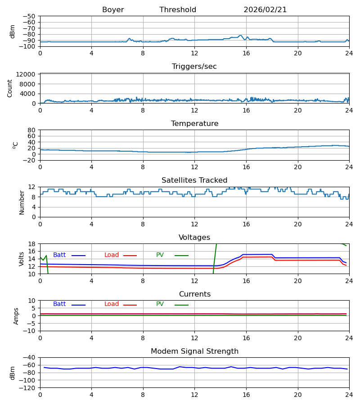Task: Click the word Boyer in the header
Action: coord(113,10)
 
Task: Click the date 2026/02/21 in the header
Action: coord(265,10)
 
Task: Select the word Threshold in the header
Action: coord(178,10)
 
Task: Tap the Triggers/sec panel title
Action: coord(194,67)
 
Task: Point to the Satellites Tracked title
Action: coord(194,180)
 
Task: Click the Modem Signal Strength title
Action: coord(194,351)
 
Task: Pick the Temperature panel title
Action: coord(194,124)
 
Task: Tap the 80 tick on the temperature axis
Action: coord(31,130)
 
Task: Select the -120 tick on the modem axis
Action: coord(27,387)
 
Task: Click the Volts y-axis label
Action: coord(22,259)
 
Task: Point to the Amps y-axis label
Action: coord(16,316)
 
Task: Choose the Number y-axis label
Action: coord(22,202)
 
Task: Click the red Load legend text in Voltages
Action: coord(112,255)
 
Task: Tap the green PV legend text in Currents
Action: coord(160,304)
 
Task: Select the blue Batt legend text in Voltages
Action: coord(59,255)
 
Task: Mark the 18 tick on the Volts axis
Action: coord(31,244)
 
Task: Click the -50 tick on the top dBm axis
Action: coord(29,16)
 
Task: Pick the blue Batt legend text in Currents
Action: coord(59,304)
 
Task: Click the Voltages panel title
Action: coord(194,238)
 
